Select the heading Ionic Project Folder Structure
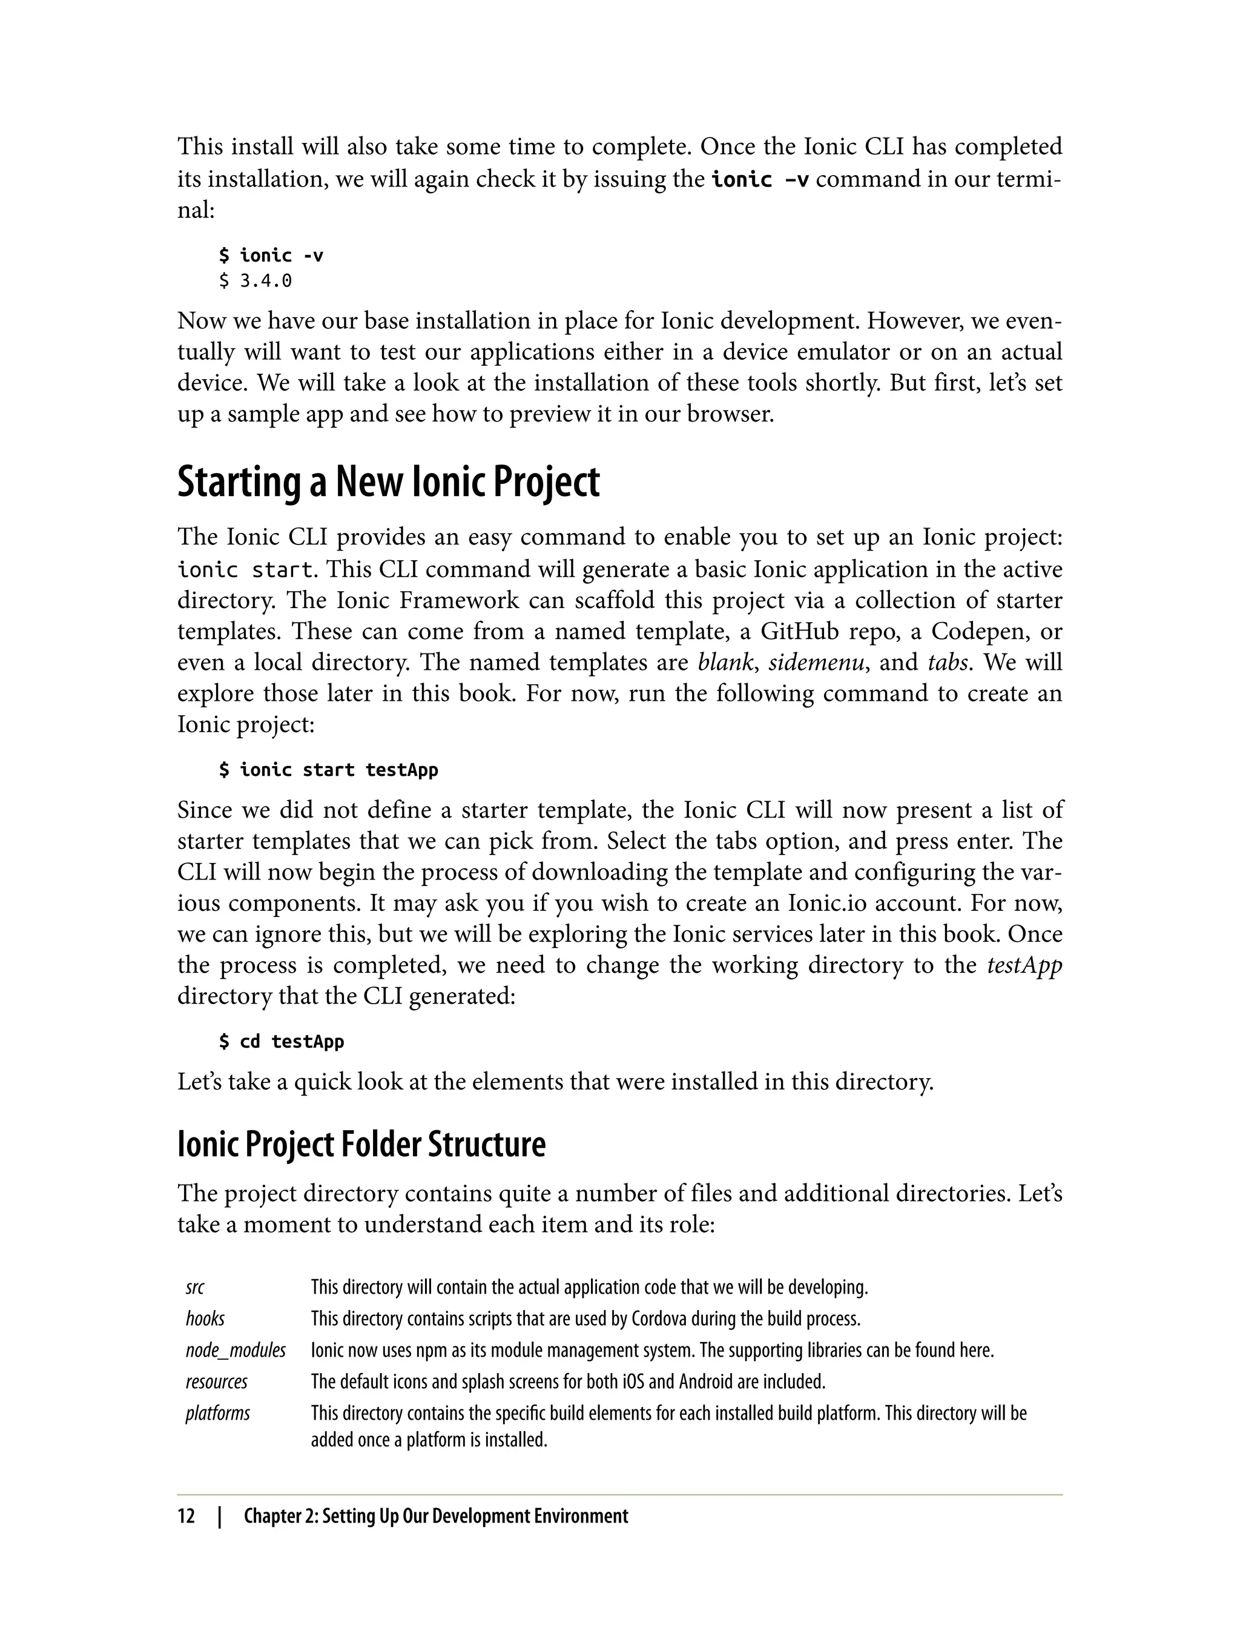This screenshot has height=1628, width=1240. tap(361, 1145)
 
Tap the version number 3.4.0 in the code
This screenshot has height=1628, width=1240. tap(266, 280)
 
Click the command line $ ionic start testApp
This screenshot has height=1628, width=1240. tap(328, 769)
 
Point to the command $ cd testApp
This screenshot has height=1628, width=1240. tap(282, 1041)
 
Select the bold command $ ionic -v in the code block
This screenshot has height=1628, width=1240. tap(271, 256)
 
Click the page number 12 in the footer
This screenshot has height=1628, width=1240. tap(186, 1516)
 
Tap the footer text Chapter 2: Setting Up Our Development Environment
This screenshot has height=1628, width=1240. tap(435, 1516)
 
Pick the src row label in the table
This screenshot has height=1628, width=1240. tap(195, 1288)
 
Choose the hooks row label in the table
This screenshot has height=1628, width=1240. tap(205, 1319)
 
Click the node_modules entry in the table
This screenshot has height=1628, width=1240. tap(236, 1351)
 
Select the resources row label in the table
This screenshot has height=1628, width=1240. tap(216, 1381)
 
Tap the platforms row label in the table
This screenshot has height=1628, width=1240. tap(218, 1413)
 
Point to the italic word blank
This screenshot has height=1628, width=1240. tap(725, 662)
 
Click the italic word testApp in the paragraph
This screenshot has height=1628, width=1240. tap(1024, 965)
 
